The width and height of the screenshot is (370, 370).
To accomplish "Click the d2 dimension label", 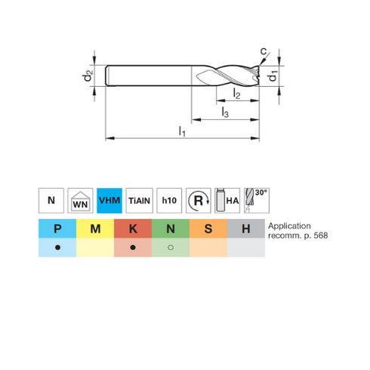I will [88, 76].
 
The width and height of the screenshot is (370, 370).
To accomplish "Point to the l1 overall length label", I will [181, 131].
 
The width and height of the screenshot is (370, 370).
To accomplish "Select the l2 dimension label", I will [236, 94].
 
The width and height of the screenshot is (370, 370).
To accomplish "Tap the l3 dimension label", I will [225, 113].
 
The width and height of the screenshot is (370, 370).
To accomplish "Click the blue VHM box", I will [109, 201].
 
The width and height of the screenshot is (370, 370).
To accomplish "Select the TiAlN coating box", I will [138, 201].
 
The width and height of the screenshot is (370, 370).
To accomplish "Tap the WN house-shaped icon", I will [80, 201].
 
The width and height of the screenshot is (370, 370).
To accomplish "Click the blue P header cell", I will [57, 229].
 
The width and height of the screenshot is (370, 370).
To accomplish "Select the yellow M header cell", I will [95, 229].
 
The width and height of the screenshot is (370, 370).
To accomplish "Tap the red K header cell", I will [133, 229].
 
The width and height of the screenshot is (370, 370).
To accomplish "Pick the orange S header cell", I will [208, 229].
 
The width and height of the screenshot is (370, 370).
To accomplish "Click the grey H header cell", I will [245, 229].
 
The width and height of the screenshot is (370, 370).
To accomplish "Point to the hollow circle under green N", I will [171, 248].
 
